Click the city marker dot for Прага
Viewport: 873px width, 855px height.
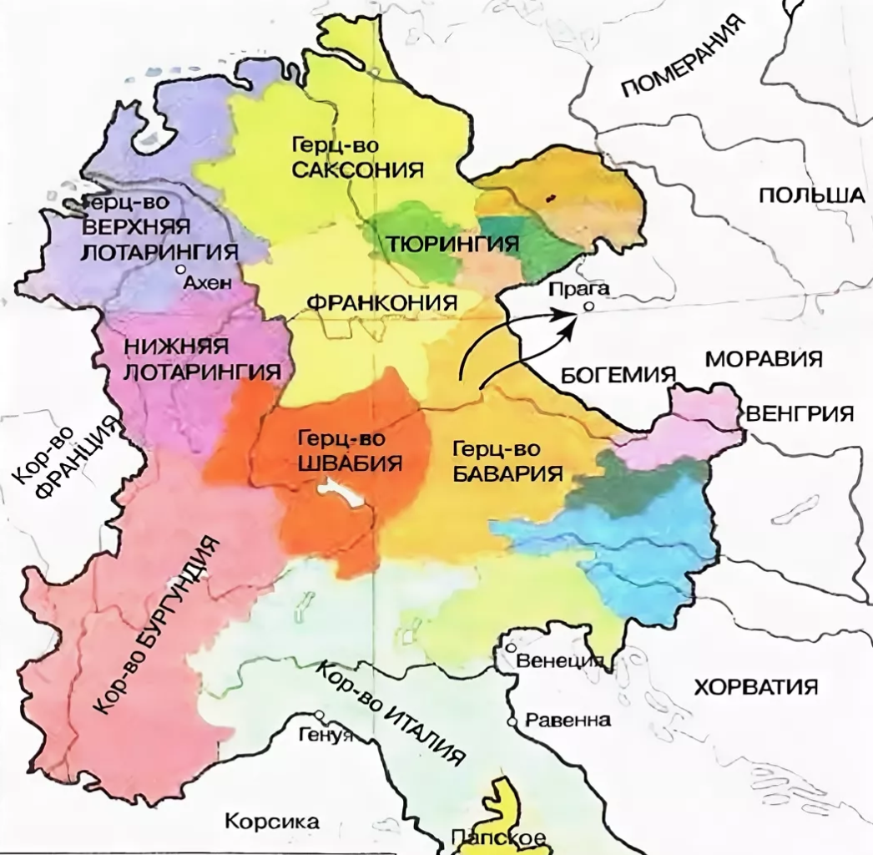point(588,306)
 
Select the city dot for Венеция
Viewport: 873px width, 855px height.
point(511,648)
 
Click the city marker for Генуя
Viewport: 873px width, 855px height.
point(320,715)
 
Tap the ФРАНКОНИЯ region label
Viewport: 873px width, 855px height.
point(383,302)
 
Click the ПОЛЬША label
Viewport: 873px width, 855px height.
point(810,195)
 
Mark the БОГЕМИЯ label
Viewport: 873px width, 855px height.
point(617,374)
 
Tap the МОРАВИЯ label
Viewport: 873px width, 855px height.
point(765,360)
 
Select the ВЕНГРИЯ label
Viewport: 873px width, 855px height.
point(800,413)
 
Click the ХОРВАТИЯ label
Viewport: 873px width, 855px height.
point(755,687)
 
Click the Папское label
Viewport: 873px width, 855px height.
point(497,837)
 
